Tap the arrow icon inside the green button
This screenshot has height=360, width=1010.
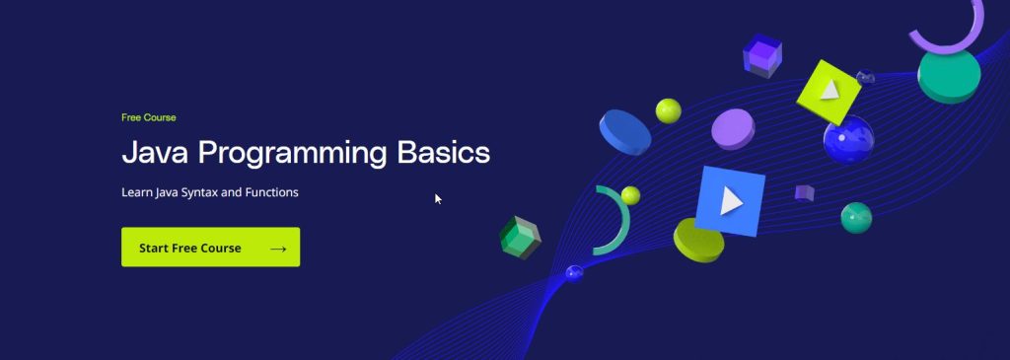(x=278, y=249)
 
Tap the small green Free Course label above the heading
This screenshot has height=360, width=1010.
(x=149, y=117)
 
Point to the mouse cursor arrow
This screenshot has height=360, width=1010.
(x=438, y=198)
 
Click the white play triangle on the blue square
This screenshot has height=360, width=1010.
(x=730, y=201)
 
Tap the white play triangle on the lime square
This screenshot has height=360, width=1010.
(x=830, y=90)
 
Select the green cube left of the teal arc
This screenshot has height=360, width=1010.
(x=519, y=237)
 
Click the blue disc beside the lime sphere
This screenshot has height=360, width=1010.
(x=626, y=131)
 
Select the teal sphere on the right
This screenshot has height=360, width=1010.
(x=856, y=217)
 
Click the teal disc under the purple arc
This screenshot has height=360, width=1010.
(x=948, y=75)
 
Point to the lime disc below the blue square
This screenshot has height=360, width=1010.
(x=698, y=240)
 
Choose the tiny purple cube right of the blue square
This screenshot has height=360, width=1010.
(x=804, y=192)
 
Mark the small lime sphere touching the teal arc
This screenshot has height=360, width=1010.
(x=630, y=194)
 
